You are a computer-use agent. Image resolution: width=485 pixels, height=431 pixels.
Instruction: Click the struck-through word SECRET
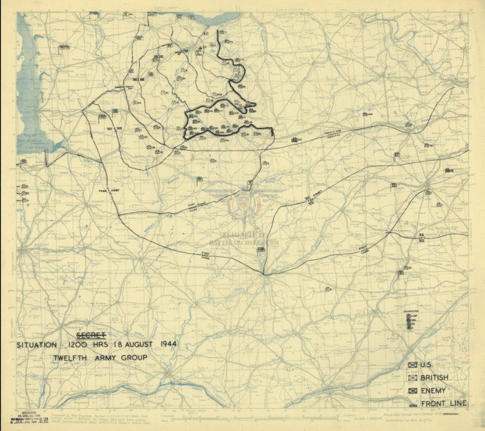coord(92,334)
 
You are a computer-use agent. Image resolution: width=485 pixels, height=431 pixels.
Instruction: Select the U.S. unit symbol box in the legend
coord(413,364)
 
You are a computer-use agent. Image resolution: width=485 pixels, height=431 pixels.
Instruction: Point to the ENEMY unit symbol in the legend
coord(413,391)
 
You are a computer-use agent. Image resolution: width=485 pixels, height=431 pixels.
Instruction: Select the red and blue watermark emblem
coord(244,205)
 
